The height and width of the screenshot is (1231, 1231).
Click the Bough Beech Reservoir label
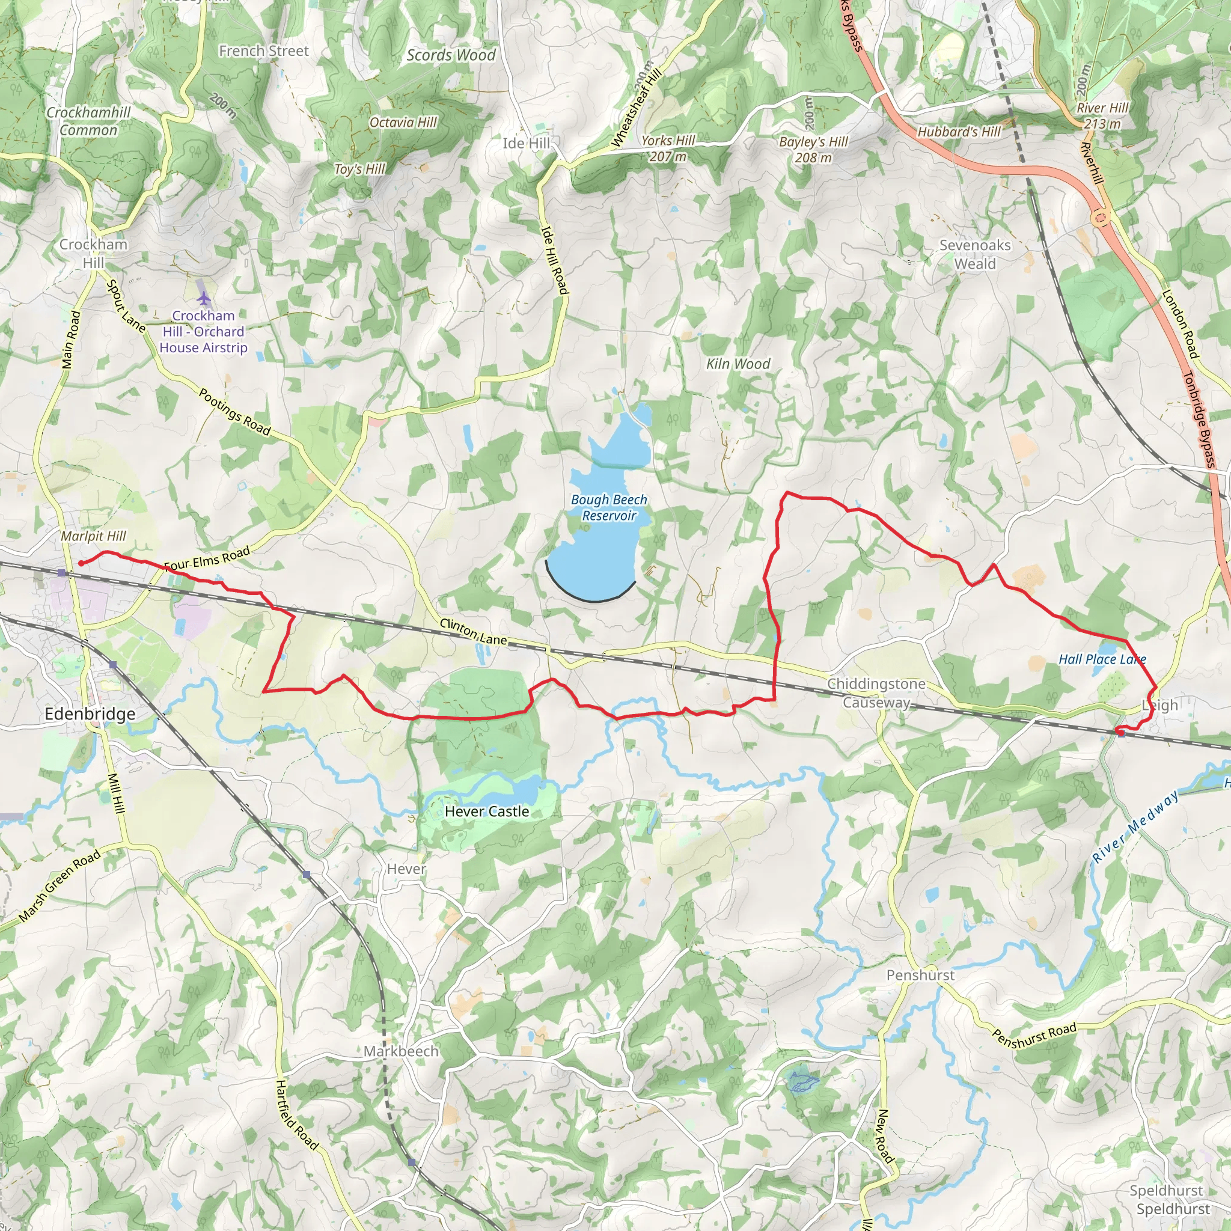608,508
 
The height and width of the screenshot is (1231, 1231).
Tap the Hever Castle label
487,811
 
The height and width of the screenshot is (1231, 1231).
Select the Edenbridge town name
90,713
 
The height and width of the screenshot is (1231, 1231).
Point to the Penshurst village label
920,975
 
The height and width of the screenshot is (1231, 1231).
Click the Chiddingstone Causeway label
876,692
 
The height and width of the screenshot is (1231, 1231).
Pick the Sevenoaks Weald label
975,254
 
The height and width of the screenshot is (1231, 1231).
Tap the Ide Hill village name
526,144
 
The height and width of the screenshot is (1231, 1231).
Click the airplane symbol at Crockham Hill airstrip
203,298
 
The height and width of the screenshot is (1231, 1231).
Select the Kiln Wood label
738,364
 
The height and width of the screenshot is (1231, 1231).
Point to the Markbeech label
401,1051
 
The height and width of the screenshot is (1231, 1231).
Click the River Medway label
1135,826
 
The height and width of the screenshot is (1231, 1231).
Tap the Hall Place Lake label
1102,659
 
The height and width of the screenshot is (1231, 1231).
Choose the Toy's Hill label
360,169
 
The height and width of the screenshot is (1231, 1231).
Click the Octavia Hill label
403,123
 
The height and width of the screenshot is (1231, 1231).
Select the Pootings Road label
234,412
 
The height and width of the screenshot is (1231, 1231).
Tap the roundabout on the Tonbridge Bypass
1101,218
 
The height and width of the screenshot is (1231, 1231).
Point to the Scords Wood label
451,55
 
